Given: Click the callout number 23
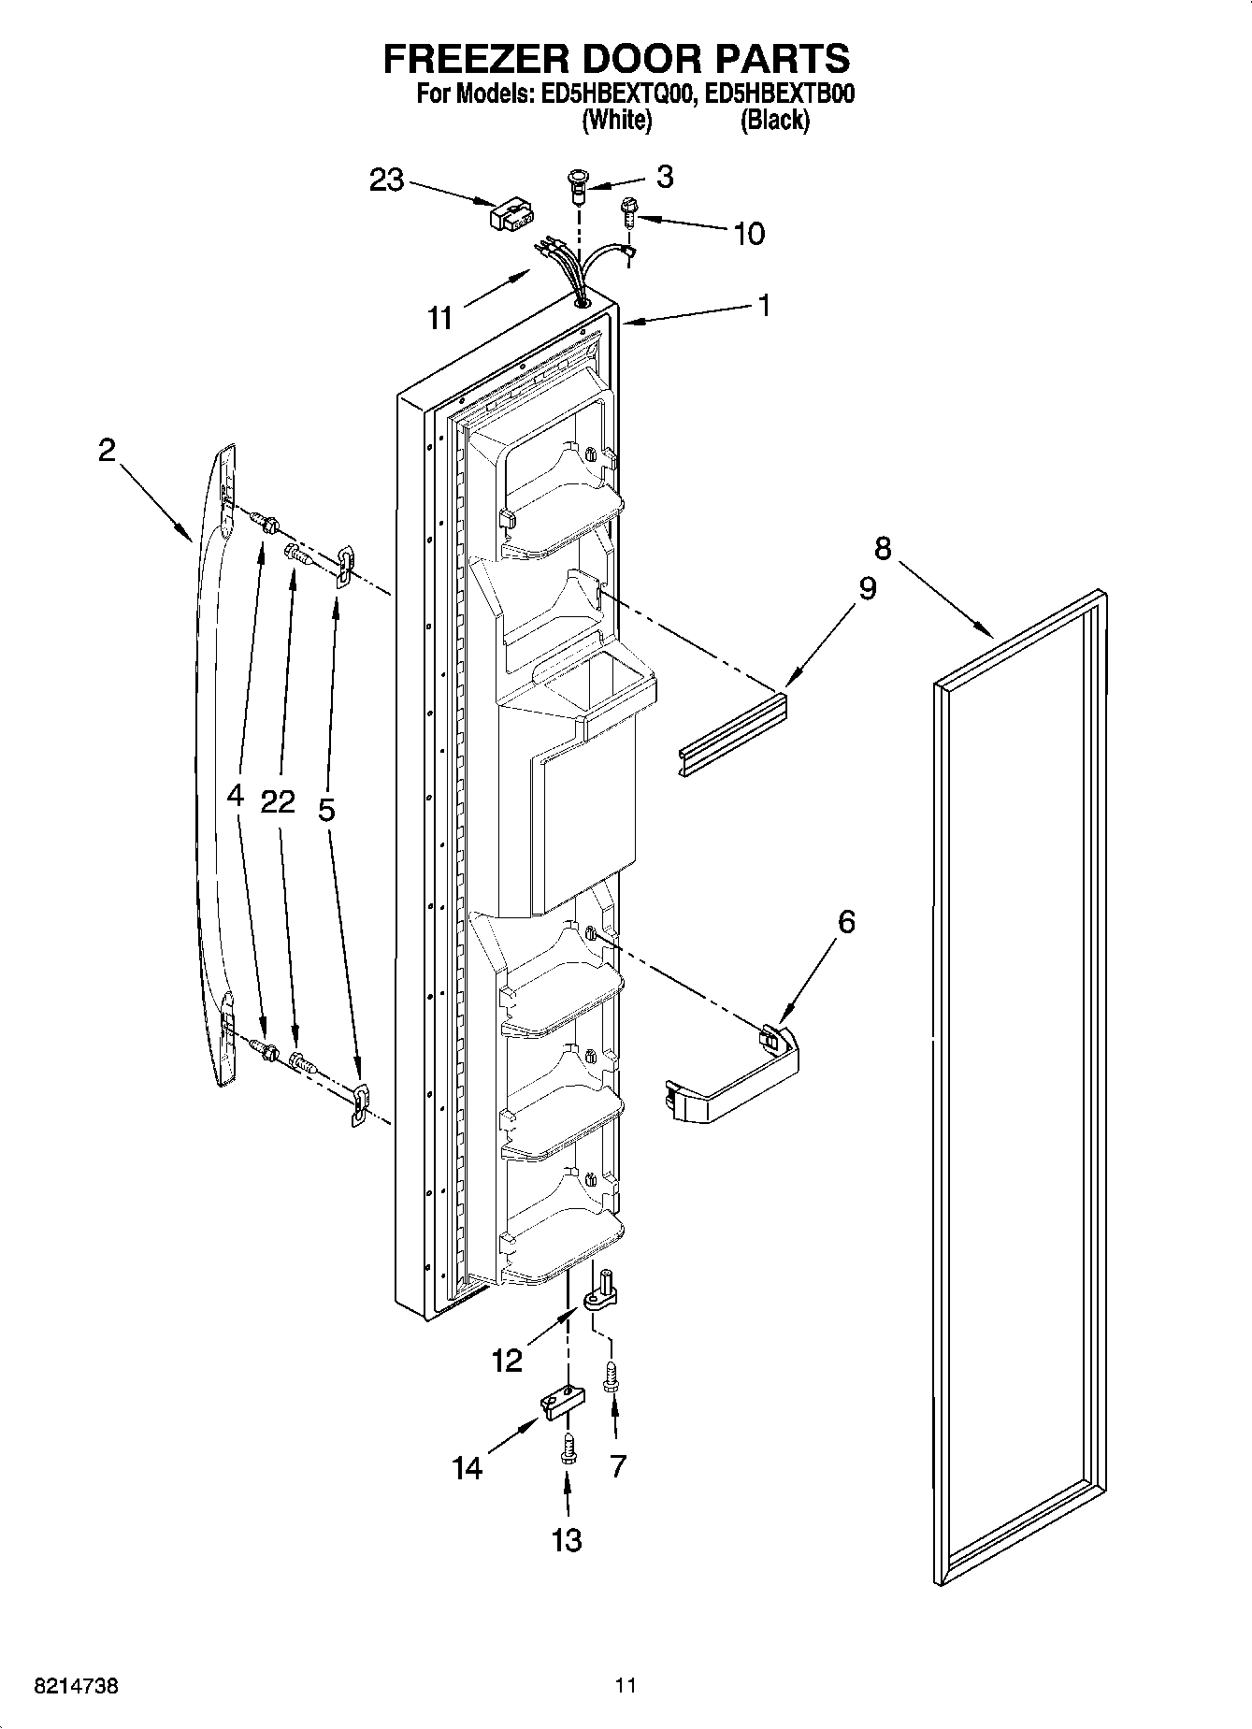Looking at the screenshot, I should (x=386, y=180).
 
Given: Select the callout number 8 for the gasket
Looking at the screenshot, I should (x=882, y=547).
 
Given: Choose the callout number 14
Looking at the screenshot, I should (x=468, y=1468).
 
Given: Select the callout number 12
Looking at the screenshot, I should (x=507, y=1360).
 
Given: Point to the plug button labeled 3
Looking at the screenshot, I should (x=579, y=182).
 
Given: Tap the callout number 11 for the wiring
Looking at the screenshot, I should (x=440, y=318).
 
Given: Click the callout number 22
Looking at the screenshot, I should (x=278, y=801).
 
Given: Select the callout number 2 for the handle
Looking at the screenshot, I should (x=107, y=451).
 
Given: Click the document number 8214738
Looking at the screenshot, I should (x=76, y=1687).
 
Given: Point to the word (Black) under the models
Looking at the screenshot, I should (x=774, y=121).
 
